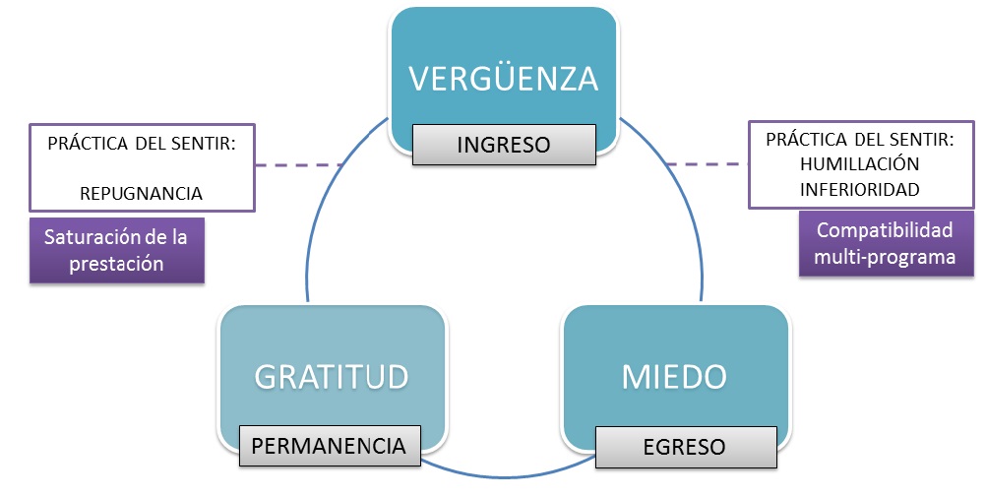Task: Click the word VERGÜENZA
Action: pyautogui.click(x=504, y=78)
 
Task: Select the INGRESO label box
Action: pyautogui.click(x=504, y=145)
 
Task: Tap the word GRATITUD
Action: pyautogui.click(x=332, y=376)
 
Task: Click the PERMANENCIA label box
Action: pyautogui.click(x=330, y=446)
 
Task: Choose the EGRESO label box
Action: pyautogui.click(x=684, y=446)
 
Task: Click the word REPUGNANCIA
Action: pyautogui.click(x=142, y=193)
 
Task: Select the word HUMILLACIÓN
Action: pyautogui.click(x=861, y=163)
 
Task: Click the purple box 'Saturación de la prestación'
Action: pyautogui.click(x=116, y=250)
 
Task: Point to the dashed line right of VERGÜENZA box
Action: pyautogui.click(x=707, y=163)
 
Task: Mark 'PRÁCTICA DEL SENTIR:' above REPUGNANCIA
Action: pyautogui.click(x=142, y=143)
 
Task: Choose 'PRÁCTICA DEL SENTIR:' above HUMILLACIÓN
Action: pyautogui.click(x=861, y=139)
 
